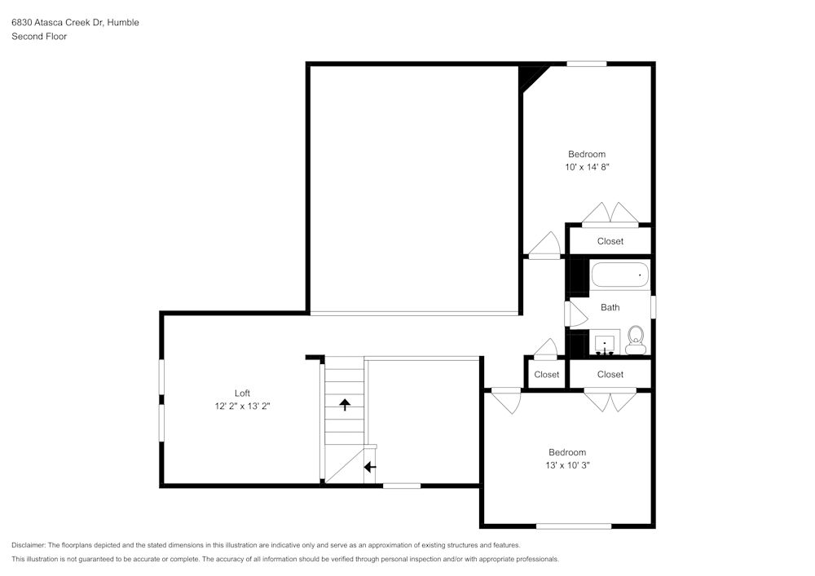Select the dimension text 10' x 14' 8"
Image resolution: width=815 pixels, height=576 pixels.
coord(587,167)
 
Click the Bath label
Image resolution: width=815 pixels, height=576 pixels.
coord(610,307)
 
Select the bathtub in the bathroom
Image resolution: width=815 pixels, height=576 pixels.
coord(619,275)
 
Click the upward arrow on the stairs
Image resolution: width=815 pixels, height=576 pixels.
coord(345,403)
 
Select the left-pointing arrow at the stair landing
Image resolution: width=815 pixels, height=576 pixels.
coord(369,467)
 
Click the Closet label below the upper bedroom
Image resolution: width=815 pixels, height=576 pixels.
coord(610,241)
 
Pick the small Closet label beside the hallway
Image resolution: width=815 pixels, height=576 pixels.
coord(546,375)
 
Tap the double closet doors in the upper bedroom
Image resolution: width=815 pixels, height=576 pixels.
coord(610,213)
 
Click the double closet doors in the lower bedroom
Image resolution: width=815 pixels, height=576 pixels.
coord(610,399)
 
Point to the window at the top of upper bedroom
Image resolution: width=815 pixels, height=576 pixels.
coord(587,64)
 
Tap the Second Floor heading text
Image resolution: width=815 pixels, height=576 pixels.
coord(39,37)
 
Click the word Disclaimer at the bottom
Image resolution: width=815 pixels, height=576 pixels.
coord(29,544)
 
